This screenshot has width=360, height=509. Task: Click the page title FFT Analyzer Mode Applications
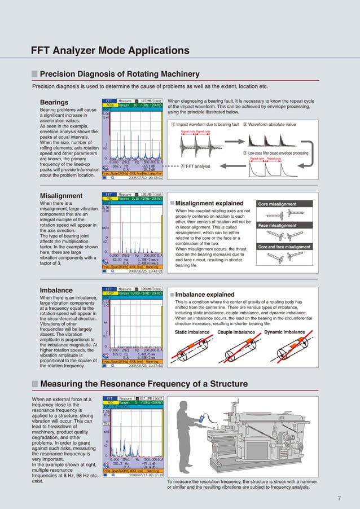coord(110,51)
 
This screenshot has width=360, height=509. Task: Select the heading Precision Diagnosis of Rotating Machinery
coord(120,74)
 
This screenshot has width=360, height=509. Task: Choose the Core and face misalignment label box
coord(284,247)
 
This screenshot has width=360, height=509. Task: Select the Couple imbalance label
coord(236,332)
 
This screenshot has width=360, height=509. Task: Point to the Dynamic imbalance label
coord(284,332)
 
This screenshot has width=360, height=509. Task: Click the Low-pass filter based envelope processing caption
coord(275,153)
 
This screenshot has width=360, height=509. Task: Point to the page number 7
coord(339,497)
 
